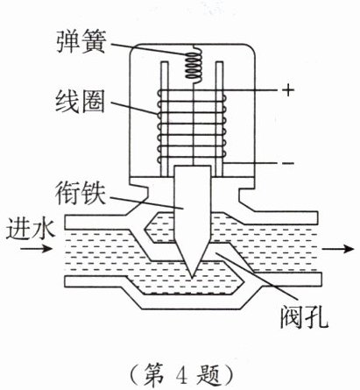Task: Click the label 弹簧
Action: (x=81, y=42)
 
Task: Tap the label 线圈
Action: (x=80, y=102)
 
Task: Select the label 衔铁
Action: (x=81, y=193)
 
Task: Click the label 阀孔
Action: (x=304, y=317)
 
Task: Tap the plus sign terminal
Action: (x=288, y=89)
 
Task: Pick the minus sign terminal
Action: (x=288, y=163)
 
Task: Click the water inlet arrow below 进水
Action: (x=36, y=249)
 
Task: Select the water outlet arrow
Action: (x=338, y=249)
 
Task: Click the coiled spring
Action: (x=193, y=66)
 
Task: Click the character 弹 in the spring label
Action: (x=67, y=42)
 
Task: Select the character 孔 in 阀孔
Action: (x=317, y=317)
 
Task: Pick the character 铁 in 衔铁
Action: (x=94, y=193)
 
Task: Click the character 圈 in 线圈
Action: (x=93, y=102)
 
